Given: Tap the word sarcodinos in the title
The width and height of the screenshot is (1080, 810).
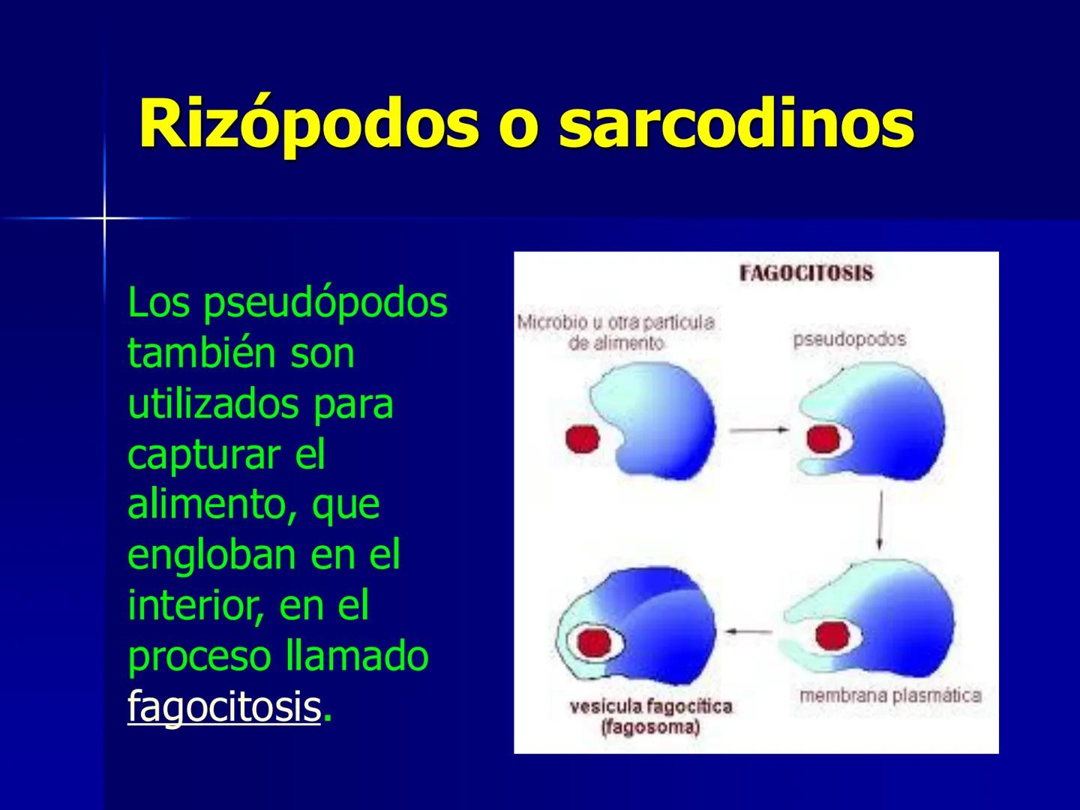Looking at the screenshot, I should pos(736,124).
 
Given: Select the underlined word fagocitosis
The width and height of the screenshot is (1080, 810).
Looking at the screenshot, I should pos(224,706).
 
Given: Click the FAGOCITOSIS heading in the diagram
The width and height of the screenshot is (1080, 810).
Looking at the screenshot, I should pos(806,273).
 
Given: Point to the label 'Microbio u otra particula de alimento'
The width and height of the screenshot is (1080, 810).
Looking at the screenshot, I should pos(616,332).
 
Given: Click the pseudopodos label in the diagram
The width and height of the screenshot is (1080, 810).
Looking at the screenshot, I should pos(849,339).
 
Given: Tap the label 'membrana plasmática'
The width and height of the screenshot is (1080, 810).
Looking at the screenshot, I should pos(890,695).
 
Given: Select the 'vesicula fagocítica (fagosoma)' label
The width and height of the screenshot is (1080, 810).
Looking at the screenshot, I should pos(650,716).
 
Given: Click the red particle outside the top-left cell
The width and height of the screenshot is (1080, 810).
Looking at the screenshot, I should pos(582,439).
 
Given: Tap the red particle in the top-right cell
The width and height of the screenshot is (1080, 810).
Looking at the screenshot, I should pos(823,439).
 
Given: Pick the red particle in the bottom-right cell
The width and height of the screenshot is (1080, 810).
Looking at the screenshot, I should pos(831,636).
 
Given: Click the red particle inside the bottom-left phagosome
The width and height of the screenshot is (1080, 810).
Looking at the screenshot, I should pos(592,642).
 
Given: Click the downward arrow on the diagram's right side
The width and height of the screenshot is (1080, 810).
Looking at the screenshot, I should pos(879,520).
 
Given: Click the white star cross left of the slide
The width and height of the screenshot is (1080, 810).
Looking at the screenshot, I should pos(104,218).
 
